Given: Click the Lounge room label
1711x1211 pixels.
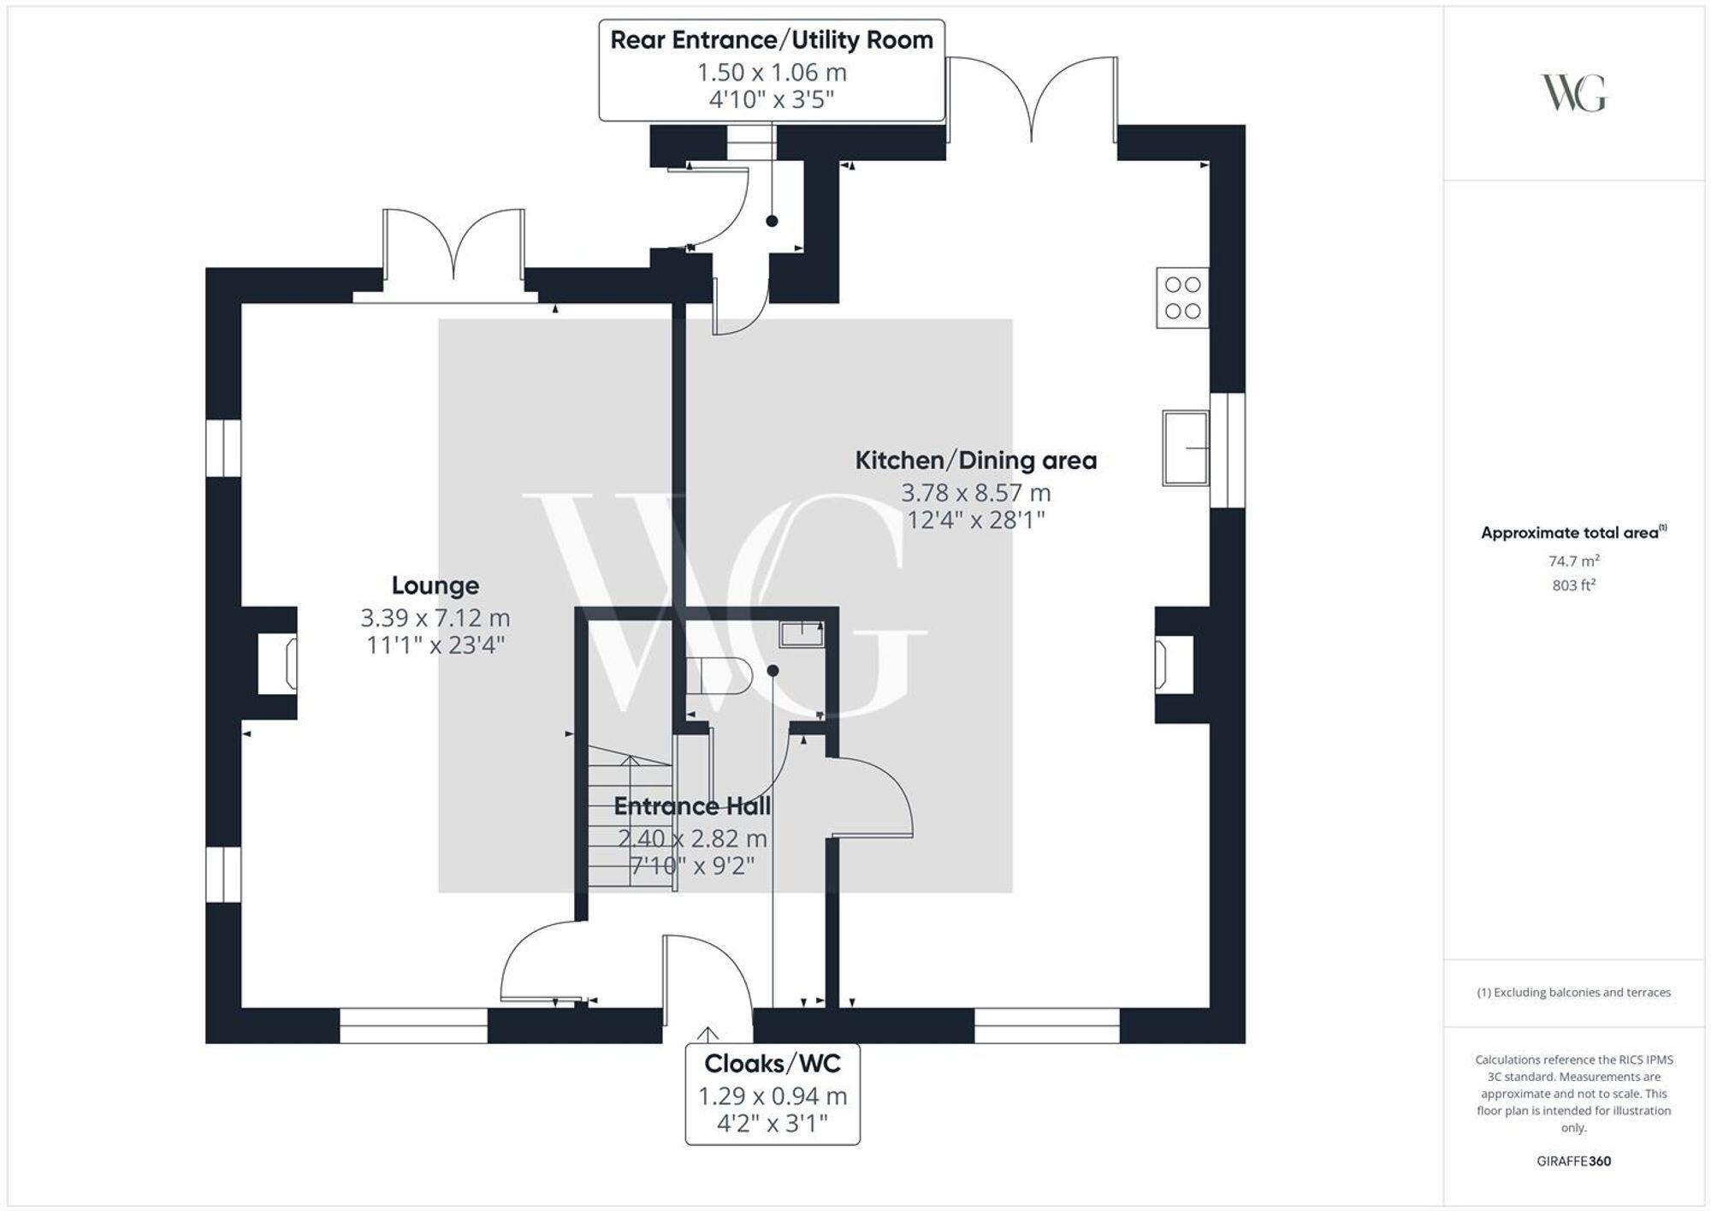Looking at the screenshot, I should pos(435,585).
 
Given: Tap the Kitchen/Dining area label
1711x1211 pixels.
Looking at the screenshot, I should pos(975,460).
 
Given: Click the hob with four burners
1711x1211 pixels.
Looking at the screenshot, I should pos(1182,298).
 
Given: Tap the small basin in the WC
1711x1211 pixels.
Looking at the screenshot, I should pos(801,634).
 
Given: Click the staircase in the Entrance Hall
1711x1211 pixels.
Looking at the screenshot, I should pos(631,822).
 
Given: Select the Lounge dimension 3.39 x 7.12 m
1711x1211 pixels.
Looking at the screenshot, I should pos(435,617).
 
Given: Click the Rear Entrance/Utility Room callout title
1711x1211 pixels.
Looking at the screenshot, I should pos(771,40).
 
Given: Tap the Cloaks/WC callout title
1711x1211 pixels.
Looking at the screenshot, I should pos(772,1064).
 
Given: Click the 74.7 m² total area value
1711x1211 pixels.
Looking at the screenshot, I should pos(1573,561).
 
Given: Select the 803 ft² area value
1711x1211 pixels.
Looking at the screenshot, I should pos(1573,585).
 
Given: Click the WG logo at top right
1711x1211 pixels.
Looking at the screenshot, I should pos(1573,93).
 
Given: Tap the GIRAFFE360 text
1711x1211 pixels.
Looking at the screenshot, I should pos(1573,1161).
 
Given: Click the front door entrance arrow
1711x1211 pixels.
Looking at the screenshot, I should pos(708,1033).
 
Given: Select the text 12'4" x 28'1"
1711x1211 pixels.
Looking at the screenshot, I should pos(975,519).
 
